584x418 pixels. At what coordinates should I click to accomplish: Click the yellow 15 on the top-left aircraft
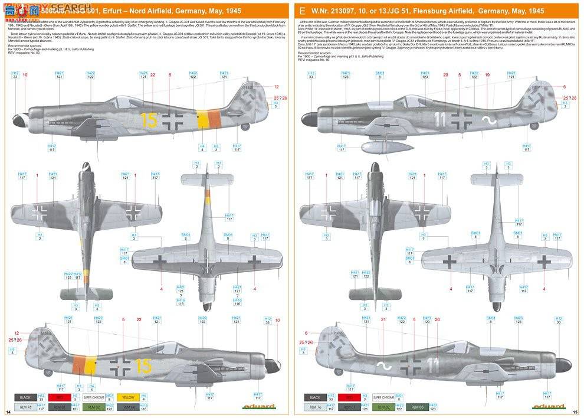(149, 120)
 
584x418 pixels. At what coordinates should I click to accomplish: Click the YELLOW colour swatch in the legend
(128, 397)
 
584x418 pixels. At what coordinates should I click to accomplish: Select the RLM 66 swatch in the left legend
(128, 407)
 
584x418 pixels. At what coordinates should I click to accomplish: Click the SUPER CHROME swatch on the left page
(93, 397)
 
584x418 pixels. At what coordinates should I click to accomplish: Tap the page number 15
(575, 411)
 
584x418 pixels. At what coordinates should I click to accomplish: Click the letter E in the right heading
(302, 11)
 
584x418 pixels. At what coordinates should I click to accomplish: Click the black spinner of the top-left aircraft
(17, 122)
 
